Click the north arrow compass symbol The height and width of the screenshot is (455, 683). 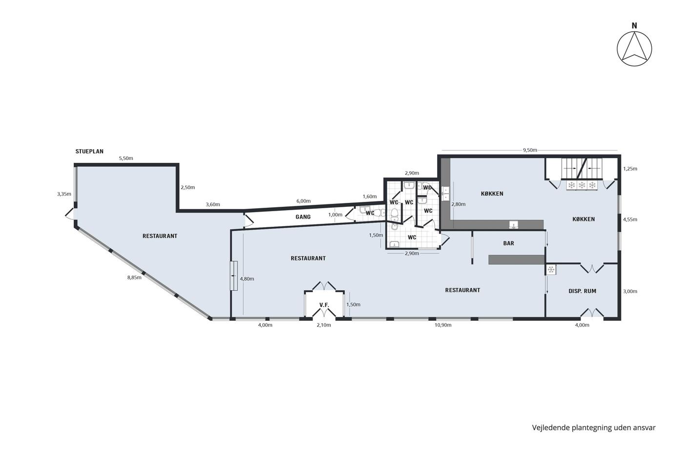634,49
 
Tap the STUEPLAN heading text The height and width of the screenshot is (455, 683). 89,152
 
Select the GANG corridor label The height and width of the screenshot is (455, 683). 303,217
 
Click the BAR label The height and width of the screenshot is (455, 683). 508,243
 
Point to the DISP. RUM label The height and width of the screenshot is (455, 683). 583,291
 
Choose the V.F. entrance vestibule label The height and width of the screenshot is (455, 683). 324,305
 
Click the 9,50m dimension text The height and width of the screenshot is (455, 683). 530,150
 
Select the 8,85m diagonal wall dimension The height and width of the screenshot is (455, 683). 135,277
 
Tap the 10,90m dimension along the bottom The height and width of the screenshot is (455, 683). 443,325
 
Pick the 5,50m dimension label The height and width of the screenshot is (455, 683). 126,158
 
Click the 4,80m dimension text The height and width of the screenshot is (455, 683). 247,279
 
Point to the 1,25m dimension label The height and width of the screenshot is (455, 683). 630,169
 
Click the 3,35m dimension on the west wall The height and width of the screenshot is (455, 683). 64,194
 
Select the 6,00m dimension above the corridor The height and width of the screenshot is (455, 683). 303,201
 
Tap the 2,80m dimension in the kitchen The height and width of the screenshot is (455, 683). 458,204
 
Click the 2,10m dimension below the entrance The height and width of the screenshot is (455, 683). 324,325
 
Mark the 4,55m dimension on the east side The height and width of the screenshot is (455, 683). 630,219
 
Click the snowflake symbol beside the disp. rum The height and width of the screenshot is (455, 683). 551,269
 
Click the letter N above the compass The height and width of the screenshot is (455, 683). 634,26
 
